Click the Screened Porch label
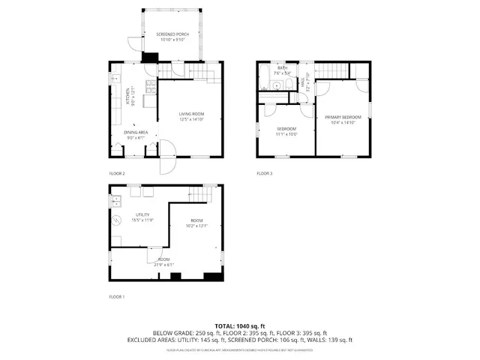172,35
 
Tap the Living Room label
191,115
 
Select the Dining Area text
136,133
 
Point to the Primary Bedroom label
343,118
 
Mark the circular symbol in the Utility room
117,220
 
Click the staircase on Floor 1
196,194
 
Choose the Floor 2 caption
116,173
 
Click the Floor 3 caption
265,173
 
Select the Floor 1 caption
116,297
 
